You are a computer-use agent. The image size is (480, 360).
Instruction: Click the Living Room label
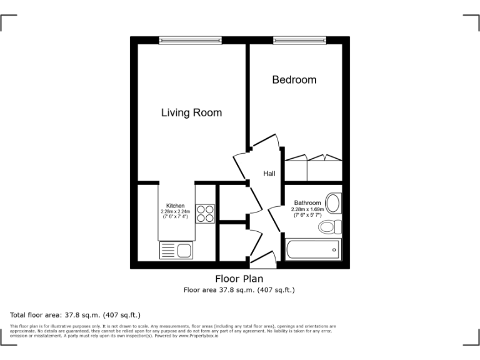(191, 113)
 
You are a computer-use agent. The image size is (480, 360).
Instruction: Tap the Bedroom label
(294, 80)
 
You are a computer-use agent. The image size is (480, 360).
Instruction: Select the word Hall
(269, 174)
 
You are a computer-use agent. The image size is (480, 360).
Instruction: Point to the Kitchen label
(175, 206)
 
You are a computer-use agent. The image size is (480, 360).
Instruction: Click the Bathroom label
(307, 203)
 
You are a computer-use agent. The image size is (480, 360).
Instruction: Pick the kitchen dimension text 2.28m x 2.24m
(175, 211)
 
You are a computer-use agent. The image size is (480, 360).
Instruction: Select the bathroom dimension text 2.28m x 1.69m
(307, 209)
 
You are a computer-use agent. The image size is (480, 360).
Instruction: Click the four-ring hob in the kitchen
(205, 214)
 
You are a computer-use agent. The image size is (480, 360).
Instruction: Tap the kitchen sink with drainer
(176, 251)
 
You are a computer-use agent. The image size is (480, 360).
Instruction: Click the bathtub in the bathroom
(312, 251)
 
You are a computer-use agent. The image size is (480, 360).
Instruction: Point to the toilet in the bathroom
(329, 226)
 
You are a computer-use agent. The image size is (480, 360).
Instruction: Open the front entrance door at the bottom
(262, 257)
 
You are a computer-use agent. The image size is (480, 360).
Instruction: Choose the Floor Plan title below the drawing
(239, 279)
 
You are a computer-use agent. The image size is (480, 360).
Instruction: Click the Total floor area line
(75, 314)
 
